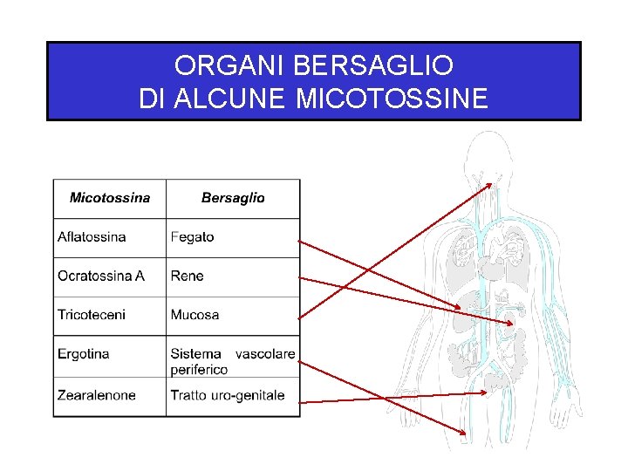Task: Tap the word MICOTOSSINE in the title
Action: pyautogui.click(x=392, y=99)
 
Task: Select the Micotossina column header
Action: pyautogui.click(x=110, y=198)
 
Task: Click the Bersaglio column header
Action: pyautogui.click(x=233, y=198)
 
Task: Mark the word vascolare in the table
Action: pyautogui.click(x=265, y=354)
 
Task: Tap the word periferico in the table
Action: pyautogui.click(x=199, y=369)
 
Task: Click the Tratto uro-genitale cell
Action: pyautogui.click(x=228, y=395)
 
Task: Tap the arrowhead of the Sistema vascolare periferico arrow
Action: pyautogui.click(x=463, y=431)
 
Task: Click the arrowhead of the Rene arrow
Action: pyautogui.click(x=511, y=324)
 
